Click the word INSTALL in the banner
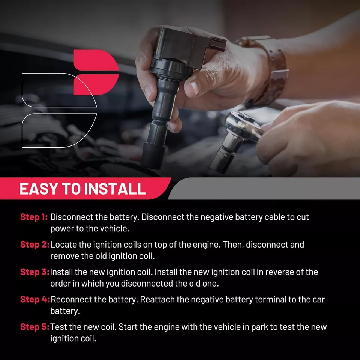click(115, 189)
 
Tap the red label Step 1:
click(34, 217)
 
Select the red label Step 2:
click(35, 244)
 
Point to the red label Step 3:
click(35, 272)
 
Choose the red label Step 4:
click(35, 299)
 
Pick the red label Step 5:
click(35, 327)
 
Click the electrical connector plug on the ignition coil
click(217, 44)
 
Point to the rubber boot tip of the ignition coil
click(153, 156)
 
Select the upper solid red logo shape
click(96, 60)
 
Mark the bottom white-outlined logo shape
click(59, 130)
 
